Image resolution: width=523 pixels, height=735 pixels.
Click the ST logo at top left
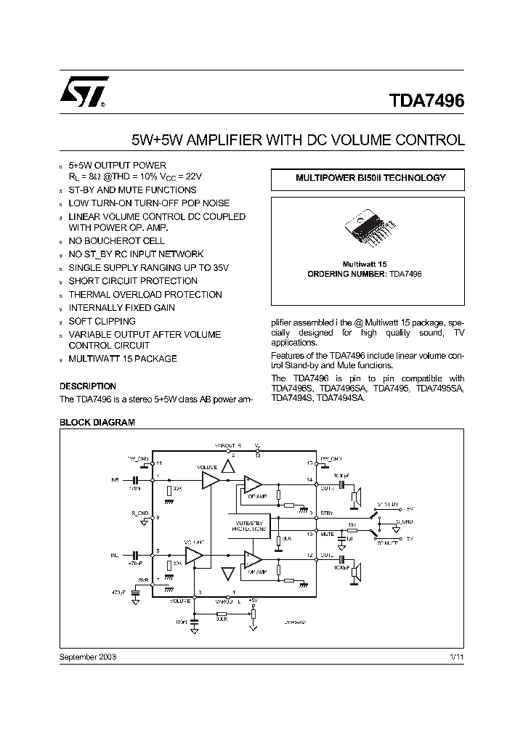[84, 93]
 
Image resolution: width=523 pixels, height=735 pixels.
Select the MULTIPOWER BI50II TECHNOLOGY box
[370, 178]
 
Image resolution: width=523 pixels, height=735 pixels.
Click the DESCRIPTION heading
[87, 386]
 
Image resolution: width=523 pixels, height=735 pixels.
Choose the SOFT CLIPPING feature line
[102, 321]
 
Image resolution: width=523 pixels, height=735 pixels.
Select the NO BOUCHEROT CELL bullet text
[116, 240]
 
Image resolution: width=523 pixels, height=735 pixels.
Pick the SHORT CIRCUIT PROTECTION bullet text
[133, 281]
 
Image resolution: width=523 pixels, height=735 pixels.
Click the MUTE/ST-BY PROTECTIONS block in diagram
[248, 526]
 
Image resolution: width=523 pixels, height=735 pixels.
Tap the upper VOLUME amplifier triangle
[210, 480]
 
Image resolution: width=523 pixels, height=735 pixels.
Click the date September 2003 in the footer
[87, 656]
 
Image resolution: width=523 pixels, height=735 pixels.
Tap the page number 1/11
[455, 656]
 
